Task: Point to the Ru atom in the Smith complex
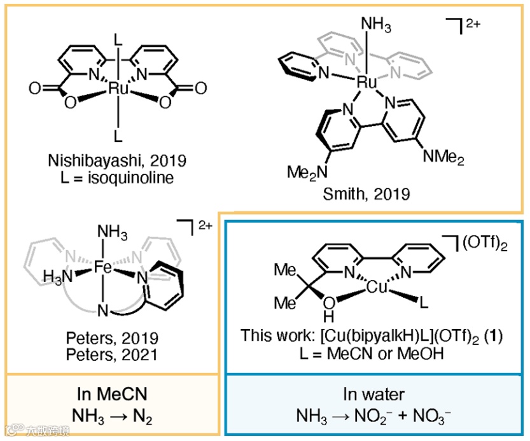pyautogui.click(x=367, y=81)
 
